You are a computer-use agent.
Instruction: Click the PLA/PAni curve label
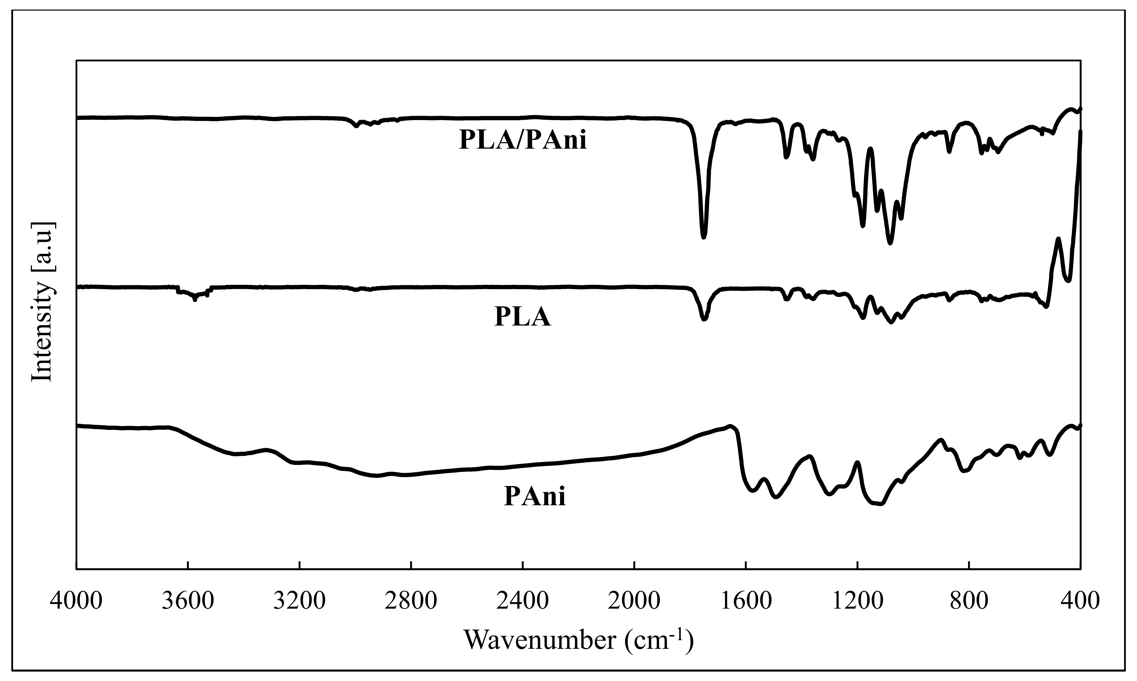click(x=523, y=140)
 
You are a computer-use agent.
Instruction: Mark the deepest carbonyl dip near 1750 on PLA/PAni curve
click(x=704, y=237)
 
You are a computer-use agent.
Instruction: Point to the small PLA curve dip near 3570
click(x=195, y=300)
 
